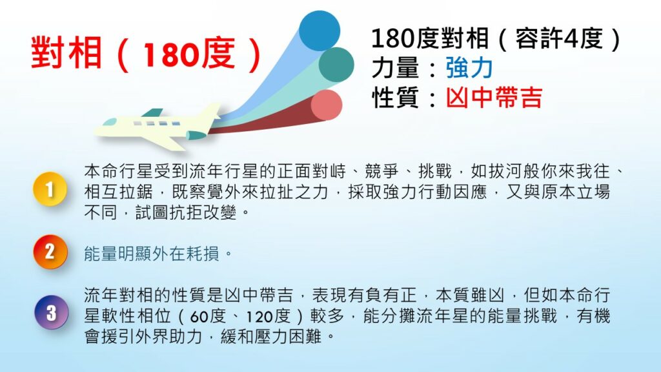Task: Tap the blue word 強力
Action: pos(469,68)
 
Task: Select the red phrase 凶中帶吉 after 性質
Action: pos(494,98)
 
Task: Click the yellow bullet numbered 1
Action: pos(50,189)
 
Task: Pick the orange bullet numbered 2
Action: pos(50,252)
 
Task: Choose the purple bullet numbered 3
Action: pos(51,313)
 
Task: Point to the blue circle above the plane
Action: pos(320,31)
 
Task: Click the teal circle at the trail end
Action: pos(336,65)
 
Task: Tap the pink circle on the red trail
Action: pos(327,105)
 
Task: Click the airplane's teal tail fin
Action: pos(152,112)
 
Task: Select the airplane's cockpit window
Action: pos(110,122)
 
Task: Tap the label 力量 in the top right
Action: pos(394,68)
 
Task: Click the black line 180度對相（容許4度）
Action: pos(496,38)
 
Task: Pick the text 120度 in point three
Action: pos(269,316)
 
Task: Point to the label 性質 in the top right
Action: pos(394,98)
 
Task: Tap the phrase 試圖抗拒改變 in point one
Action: pos(186,212)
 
